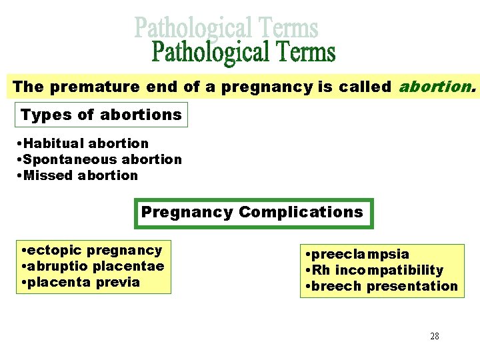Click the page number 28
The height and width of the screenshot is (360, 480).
click(x=435, y=336)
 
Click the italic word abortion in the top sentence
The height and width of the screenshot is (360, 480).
click(x=437, y=87)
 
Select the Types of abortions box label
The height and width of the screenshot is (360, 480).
click(x=101, y=115)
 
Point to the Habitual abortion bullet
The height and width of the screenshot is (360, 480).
click(x=86, y=143)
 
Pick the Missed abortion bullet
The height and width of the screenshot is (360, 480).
click(x=81, y=175)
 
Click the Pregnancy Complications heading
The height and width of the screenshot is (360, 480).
click(x=252, y=213)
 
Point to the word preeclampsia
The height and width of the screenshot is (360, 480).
click(x=359, y=254)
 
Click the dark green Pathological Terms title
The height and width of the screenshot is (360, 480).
click(x=244, y=53)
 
